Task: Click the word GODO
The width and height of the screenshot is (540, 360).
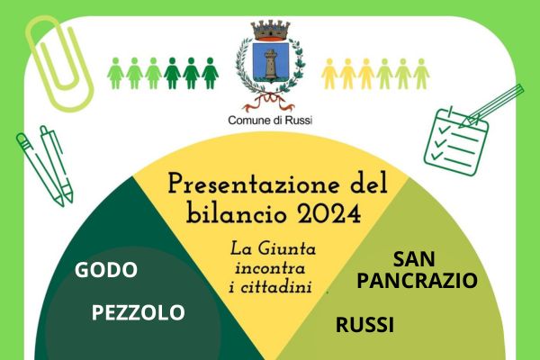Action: [x=106, y=270]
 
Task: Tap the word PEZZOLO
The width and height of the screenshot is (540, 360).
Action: [x=138, y=312]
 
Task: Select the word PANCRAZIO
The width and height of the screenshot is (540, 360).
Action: [x=417, y=280]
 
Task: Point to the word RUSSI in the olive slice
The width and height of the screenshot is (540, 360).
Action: [x=364, y=325]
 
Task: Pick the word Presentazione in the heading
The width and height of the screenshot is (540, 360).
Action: [x=247, y=184]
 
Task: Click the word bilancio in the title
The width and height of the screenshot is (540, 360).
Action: [x=238, y=213]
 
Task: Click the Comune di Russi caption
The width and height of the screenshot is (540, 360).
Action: [x=270, y=121]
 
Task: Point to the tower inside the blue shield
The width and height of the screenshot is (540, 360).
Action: [x=271, y=64]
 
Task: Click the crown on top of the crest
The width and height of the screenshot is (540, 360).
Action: [x=270, y=30]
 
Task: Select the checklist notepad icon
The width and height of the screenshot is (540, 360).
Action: [x=455, y=142]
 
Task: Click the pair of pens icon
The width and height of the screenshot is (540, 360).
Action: [x=45, y=166]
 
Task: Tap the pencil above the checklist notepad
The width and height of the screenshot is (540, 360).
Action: [x=491, y=106]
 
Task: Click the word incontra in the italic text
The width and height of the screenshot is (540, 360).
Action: [x=270, y=268]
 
